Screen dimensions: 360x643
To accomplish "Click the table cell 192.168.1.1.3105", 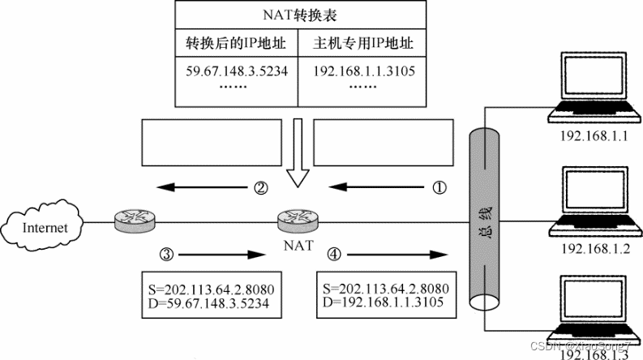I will tap(364, 71).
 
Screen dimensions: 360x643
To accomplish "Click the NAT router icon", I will tap(294, 219).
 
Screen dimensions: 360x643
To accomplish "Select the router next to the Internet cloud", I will tap(133, 219).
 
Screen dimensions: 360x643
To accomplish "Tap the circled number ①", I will tap(439, 189).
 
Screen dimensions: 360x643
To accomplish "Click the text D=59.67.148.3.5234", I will tap(207, 303).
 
